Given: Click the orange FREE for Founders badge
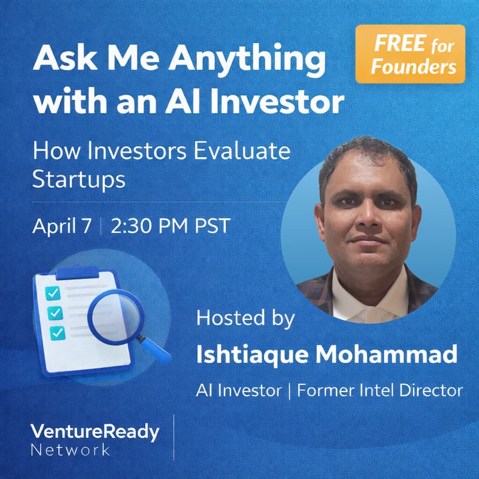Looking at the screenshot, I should click(410, 54).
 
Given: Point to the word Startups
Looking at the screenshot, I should click(79, 180).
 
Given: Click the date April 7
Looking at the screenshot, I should click(62, 227).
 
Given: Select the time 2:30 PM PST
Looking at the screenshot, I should click(171, 227).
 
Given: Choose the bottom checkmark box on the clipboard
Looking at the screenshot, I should click(57, 333).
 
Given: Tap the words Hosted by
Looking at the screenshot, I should click(245, 318).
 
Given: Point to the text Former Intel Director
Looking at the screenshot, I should click(380, 390).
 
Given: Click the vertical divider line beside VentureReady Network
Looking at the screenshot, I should click(174, 437).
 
